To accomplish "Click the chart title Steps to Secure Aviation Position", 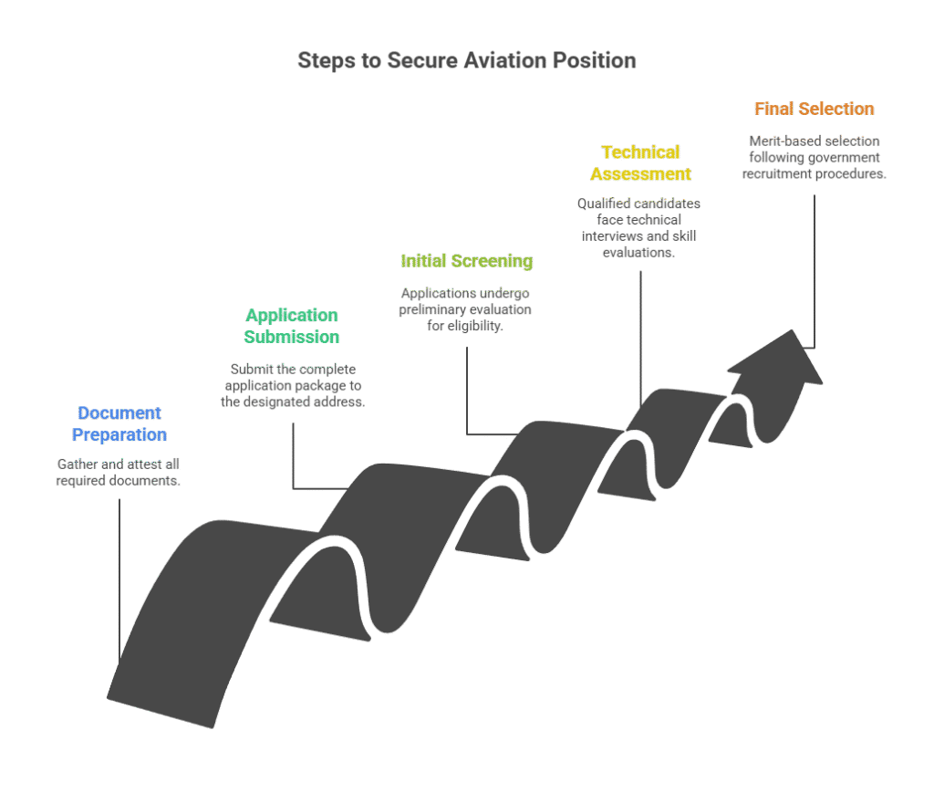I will [x=467, y=61].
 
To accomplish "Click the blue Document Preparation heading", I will [x=119, y=423].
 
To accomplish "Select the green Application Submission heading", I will [x=291, y=326].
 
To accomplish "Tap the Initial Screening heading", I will [x=466, y=261].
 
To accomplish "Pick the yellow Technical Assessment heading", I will [x=640, y=162].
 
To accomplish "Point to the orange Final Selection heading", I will [x=814, y=109].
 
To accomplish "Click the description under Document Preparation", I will [x=119, y=472].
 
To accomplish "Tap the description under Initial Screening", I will [x=465, y=308].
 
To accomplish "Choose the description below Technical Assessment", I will [x=638, y=227].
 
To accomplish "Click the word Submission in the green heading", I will [x=291, y=337].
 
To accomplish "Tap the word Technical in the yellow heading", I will [x=640, y=151].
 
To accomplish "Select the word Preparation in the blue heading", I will [x=119, y=434].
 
